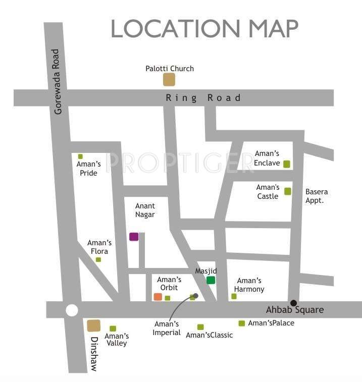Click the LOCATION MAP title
[204, 28]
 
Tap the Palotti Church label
[170, 69]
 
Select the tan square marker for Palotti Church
[169, 80]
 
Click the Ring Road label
[203, 98]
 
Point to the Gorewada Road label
[57, 81]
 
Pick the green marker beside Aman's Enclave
[287, 164]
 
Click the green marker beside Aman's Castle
[287, 191]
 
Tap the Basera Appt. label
[317, 196]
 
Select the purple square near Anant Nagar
[134, 236]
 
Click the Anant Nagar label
[145, 210]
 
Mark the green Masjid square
[211, 280]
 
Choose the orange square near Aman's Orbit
[158, 297]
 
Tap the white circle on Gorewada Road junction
[72, 310]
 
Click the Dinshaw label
[92, 354]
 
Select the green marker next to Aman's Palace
[242, 323]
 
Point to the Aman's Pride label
[88, 169]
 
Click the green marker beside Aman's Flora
[98, 260]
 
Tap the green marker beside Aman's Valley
[113, 329]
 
